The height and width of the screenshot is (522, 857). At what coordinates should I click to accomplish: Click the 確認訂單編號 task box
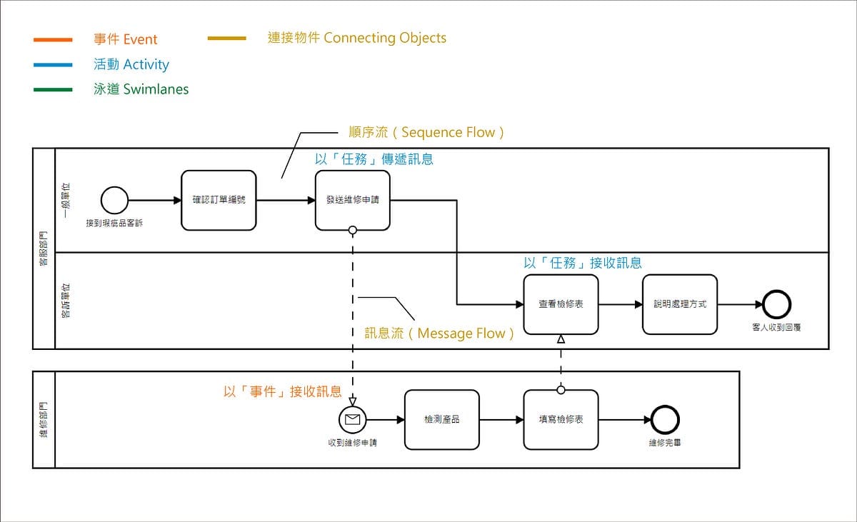(x=219, y=200)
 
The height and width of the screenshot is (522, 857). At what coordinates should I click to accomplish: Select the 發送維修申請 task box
(x=353, y=200)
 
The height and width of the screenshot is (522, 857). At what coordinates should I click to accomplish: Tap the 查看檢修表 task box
(x=561, y=304)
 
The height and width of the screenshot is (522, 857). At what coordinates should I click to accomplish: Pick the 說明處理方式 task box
(x=680, y=304)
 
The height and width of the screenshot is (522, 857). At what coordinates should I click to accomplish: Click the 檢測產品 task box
(x=441, y=419)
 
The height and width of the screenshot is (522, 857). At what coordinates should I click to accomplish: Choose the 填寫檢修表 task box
(x=561, y=419)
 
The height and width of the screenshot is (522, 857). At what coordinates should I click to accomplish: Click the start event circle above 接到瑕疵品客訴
(x=114, y=201)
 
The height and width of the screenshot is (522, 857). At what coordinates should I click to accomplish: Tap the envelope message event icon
(x=352, y=419)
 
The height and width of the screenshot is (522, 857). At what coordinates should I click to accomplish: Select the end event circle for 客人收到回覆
(x=777, y=304)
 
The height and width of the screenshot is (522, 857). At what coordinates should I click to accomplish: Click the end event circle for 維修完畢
(x=665, y=419)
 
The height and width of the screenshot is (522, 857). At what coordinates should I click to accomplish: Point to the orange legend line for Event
(x=53, y=40)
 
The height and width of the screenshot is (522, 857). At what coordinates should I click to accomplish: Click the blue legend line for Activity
(x=53, y=65)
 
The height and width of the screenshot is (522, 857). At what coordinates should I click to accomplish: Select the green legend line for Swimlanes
(x=53, y=90)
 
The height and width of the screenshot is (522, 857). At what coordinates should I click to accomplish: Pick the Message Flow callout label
(x=439, y=333)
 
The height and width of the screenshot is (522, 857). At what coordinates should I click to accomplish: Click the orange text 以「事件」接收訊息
(x=282, y=391)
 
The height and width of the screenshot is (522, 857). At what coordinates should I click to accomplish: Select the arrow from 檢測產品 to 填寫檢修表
(x=501, y=419)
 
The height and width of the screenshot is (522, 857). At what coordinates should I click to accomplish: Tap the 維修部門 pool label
(x=44, y=419)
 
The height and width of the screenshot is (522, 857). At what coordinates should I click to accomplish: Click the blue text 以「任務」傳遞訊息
(x=374, y=159)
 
